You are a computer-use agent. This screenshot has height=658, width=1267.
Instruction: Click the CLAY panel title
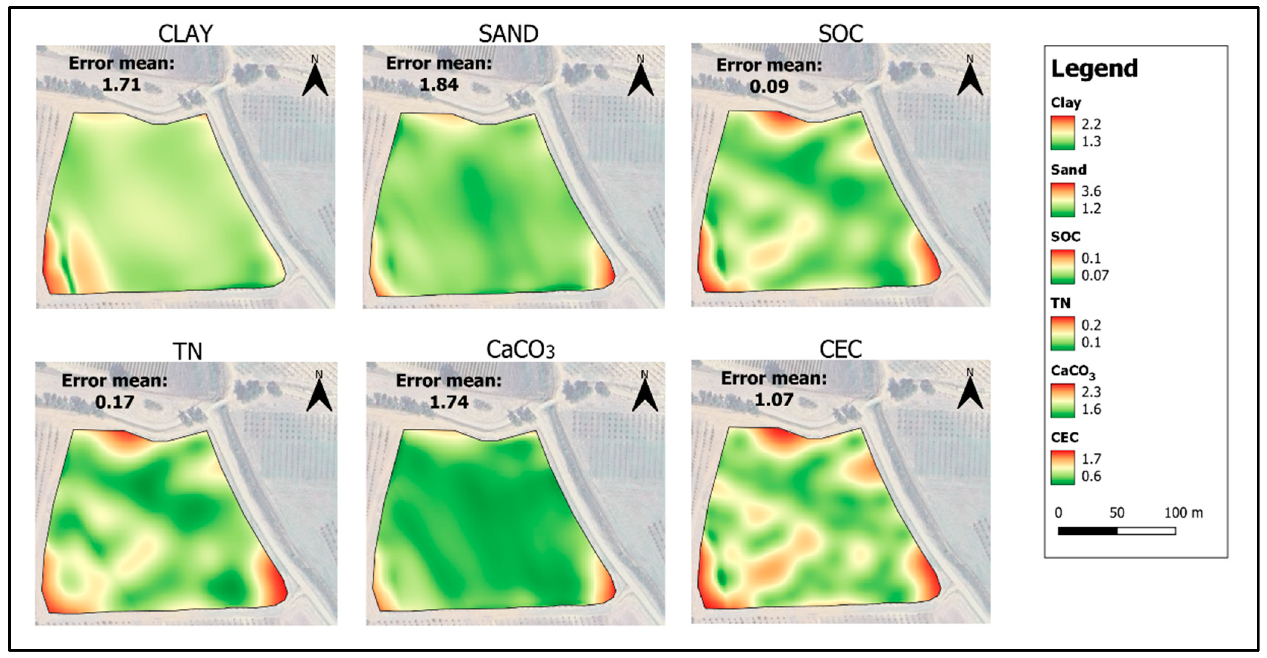click(x=185, y=34)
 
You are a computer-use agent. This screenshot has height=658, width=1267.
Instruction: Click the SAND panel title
click(x=508, y=34)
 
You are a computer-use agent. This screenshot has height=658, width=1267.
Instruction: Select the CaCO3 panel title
click(x=520, y=350)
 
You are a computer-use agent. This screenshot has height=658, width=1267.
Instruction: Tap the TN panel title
click(x=187, y=351)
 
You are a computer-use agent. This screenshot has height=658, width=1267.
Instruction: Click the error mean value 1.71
click(x=122, y=85)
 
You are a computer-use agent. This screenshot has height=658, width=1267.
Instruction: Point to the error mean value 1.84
click(x=439, y=85)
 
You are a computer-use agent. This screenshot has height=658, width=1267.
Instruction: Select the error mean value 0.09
click(x=769, y=87)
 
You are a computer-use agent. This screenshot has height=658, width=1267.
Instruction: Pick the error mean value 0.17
click(x=115, y=402)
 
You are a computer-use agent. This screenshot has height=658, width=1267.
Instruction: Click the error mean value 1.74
click(x=449, y=402)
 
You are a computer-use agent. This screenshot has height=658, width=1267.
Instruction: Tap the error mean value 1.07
click(x=774, y=400)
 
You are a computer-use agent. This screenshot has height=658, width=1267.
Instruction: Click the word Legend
click(x=1094, y=68)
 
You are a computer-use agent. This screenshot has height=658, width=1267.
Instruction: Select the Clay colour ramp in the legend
click(x=1063, y=133)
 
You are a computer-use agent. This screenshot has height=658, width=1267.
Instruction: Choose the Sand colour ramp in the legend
click(x=1063, y=200)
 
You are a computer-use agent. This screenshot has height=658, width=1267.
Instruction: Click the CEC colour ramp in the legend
click(x=1063, y=468)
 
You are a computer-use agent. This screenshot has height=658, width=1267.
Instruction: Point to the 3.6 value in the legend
click(x=1091, y=191)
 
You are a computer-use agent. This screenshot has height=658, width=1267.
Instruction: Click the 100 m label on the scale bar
click(x=1183, y=513)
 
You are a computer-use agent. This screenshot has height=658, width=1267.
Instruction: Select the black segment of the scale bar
click(x=1088, y=531)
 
